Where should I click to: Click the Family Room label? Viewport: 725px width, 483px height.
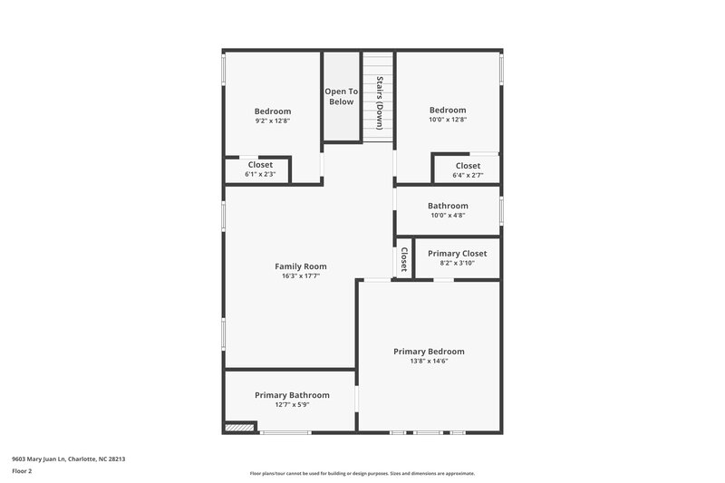click(x=301, y=266)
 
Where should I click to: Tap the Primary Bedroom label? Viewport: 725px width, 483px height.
click(x=429, y=351)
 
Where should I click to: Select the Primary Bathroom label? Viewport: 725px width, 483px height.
click(x=292, y=395)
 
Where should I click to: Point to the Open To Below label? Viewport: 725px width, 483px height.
click(x=342, y=97)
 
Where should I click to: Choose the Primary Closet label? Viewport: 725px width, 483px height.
click(x=457, y=254)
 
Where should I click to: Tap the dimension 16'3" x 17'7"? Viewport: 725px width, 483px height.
click(x=301, y=276)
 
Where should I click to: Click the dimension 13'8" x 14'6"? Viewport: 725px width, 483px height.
click(x=429, y=361)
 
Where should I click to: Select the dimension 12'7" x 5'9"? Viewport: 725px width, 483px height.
click(x=292, y=405)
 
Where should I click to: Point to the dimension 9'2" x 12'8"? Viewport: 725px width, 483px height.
click(x=273, y=121)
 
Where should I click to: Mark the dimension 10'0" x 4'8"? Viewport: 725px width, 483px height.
click(x=448, y=216)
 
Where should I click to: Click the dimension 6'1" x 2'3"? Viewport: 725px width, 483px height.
click(x=260, y=174)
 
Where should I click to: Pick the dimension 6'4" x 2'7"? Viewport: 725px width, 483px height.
click(x=468, y=175)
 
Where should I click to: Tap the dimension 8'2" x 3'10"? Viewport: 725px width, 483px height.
click(x=457, y=264)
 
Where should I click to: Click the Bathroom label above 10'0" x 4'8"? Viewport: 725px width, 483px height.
click(x=448, y=206)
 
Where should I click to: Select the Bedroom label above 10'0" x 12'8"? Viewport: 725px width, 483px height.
click(x=448, y=111)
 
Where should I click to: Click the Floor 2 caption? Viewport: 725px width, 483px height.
click(x=22, y=472)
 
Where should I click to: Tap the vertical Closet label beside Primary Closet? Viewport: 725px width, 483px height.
click(x=404, y=259)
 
